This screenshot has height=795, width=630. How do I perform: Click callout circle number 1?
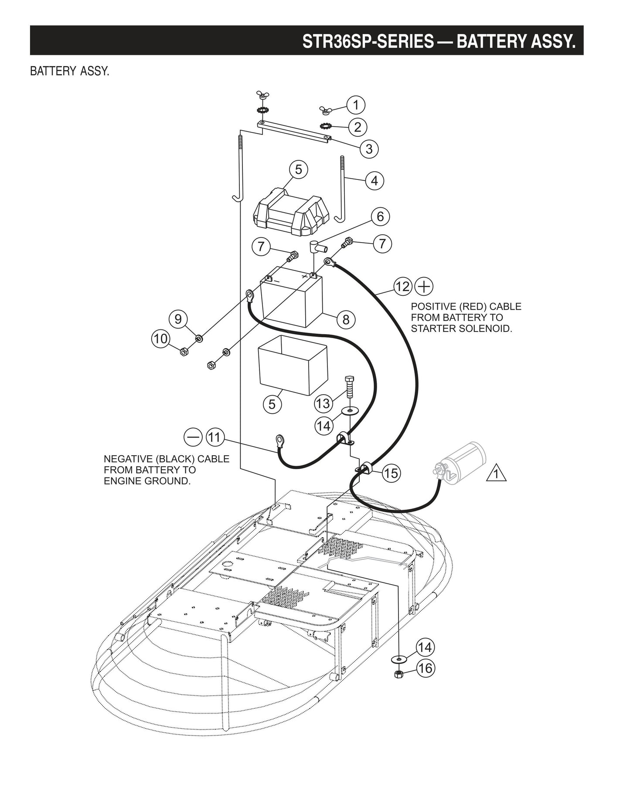pos(356,105)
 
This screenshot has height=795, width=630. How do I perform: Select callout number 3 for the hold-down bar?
pos(369,149)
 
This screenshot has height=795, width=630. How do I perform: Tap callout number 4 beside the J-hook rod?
pos(375,180)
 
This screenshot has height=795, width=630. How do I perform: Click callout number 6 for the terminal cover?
pos(380,217)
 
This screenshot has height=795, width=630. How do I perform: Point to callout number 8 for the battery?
pos(346,320)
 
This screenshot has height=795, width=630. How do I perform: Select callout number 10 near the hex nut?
pos(161,338)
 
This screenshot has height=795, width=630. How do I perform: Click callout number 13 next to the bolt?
pos(323,403)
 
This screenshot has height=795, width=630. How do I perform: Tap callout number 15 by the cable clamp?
pos(391,473)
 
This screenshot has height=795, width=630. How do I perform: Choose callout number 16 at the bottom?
pos(426,668)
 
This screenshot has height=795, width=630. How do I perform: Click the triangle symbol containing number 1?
pos(497,474)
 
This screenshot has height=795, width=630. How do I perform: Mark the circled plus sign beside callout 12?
pos(424,287)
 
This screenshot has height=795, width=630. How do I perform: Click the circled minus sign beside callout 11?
pos(193,437)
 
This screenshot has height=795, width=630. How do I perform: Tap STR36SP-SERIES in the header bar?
pos(368,42)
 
